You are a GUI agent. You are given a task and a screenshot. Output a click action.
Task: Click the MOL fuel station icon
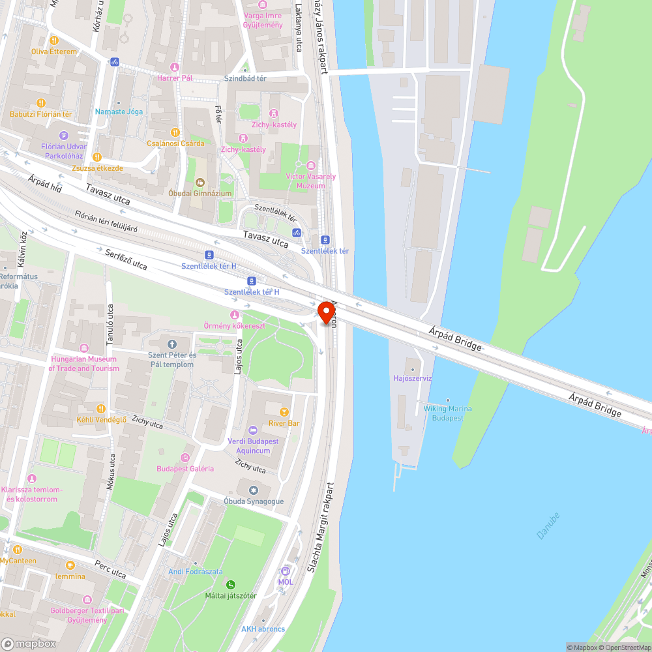286,571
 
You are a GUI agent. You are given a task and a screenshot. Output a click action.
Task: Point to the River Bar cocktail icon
284,412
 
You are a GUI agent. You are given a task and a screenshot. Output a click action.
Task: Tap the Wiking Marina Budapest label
448,413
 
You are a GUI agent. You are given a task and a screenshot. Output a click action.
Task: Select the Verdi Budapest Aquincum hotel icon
253,430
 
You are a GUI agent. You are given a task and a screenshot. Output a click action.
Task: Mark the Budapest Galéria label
185,469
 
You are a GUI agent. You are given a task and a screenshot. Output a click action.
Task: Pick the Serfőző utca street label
126,259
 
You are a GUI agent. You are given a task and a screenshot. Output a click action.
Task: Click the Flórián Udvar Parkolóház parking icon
63,135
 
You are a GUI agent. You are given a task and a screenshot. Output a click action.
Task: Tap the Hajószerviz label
413,378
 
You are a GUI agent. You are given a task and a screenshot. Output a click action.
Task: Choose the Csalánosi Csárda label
175,143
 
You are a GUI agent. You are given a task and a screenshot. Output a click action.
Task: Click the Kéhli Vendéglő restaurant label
101,420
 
